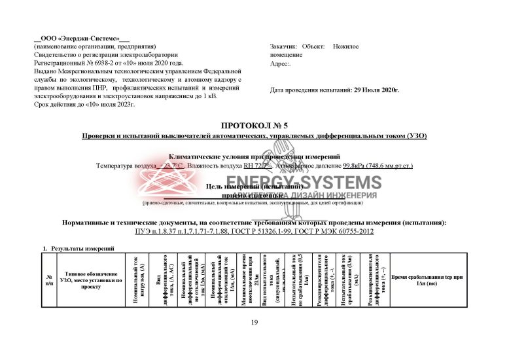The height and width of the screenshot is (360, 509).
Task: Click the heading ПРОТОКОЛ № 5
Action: pos(254,125)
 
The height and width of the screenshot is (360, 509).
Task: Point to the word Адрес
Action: pos(279,64)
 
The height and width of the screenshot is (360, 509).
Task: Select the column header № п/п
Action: pos(49,280)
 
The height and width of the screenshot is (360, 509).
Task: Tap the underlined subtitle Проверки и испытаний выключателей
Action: pos(254,135)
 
